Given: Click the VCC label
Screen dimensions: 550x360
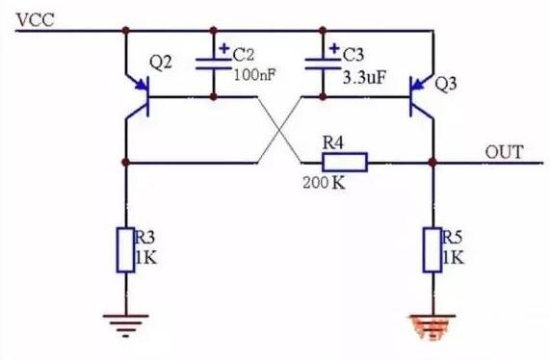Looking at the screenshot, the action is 36,19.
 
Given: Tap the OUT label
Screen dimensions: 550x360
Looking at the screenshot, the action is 504,152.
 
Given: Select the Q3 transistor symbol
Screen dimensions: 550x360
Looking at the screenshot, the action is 422,97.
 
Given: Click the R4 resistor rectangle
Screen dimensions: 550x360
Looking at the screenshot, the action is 345,163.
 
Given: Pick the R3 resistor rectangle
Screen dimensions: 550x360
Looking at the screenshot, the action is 125,250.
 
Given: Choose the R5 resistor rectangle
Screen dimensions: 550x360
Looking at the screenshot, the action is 432,250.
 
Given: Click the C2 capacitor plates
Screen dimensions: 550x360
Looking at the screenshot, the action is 213,64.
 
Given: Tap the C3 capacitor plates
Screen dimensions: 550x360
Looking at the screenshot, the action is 323,64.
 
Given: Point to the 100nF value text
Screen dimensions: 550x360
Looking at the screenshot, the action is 254,75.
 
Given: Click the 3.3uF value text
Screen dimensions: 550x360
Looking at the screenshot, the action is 364,77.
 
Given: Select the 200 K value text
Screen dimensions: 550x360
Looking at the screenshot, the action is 324,182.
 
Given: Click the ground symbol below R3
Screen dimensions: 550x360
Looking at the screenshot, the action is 125,325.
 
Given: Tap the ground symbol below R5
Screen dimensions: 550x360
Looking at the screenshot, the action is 432,327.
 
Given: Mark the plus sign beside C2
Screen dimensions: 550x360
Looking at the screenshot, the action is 224,48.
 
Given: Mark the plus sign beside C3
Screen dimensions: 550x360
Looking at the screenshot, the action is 335,48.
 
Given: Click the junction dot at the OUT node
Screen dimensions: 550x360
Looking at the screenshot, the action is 432,163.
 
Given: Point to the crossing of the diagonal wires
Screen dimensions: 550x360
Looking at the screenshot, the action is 279,130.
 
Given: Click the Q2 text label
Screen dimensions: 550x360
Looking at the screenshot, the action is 161,64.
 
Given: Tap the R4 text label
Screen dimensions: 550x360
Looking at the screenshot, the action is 333,142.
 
